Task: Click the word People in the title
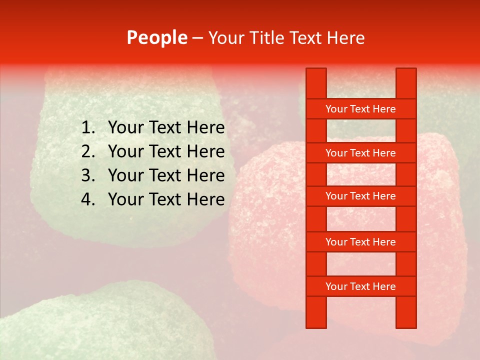156,38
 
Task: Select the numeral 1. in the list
88,128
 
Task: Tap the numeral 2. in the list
88,151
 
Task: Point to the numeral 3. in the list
88,175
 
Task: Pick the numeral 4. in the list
88,199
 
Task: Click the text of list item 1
166,128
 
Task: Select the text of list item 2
166,151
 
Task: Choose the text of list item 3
166,175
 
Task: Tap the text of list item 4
166,199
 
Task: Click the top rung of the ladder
361,109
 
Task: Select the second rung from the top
361,153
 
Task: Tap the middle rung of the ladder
361,196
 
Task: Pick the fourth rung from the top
361,242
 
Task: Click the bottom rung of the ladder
361,286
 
